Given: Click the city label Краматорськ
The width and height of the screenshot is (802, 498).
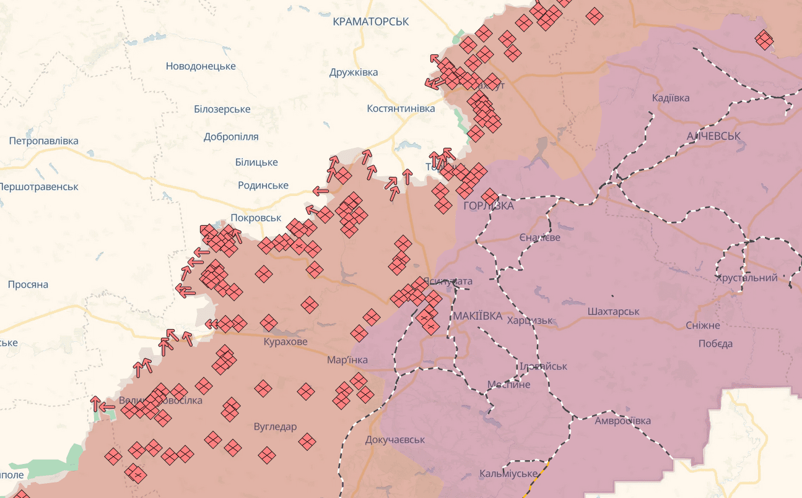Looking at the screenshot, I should click(370, 22).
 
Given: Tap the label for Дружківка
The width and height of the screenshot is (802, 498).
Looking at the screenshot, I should click(354, 72).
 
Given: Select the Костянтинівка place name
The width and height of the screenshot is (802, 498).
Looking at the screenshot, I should click(401, 108).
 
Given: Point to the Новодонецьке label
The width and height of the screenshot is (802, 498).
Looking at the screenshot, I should click(201, 66).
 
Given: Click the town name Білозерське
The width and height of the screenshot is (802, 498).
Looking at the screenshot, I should click(222, 109).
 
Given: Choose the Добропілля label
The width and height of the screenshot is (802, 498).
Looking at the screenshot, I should click(231, 137).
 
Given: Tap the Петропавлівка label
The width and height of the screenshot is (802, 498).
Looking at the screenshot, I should click(43, 140).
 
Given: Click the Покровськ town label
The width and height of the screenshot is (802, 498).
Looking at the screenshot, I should click(256, 218).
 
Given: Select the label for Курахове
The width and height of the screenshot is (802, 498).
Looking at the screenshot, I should click(285, 341).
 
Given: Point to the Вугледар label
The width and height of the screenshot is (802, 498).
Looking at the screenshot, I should click(275, 426).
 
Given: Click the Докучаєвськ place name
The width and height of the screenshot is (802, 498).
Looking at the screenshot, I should click(395, 440).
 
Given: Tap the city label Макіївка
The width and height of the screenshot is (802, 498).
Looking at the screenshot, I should click(477, 316).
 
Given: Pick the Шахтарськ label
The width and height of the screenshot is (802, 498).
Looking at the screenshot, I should click(613, 311).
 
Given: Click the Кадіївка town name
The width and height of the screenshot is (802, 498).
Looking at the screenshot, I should click(671, 98).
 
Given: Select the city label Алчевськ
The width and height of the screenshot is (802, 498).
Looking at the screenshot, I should click(713, 135).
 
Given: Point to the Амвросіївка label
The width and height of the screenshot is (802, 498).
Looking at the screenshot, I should click(622, 421).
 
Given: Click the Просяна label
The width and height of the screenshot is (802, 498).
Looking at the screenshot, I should click(28, 285).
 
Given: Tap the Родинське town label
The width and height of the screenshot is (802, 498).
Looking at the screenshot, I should click(263, 186).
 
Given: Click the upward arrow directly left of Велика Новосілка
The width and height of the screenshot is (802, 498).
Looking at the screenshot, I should click(95, 403).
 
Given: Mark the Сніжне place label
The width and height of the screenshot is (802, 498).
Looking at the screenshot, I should click(703, 325).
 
